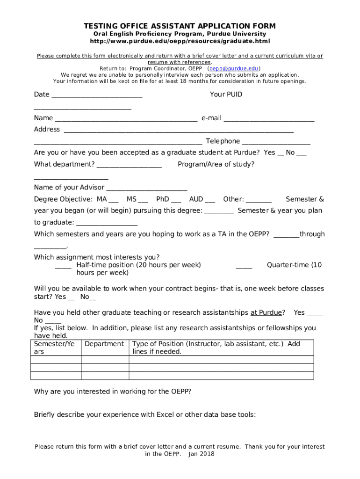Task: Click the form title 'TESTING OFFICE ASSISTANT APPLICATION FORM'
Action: (x=180, y=26)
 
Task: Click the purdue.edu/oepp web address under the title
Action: (x=180, y=41)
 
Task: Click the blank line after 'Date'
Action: (x=97, y=96)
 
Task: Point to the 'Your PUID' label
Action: (x=226, y=94)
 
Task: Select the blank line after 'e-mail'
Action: (x=269, y=120)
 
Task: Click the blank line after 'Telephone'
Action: (x=276, y=143)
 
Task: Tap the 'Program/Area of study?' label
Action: (x=216, y=164)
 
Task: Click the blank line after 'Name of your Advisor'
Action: (x=147, y=189)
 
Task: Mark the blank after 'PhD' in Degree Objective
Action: (x=176, y=201)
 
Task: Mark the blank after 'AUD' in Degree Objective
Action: (x=210, y=201)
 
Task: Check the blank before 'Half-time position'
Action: (x=63, y=267)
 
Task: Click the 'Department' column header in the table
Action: (x=104, y=344)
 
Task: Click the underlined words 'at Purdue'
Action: (x=266, y=312)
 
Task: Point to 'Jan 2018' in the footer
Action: (x=201, y=454)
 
